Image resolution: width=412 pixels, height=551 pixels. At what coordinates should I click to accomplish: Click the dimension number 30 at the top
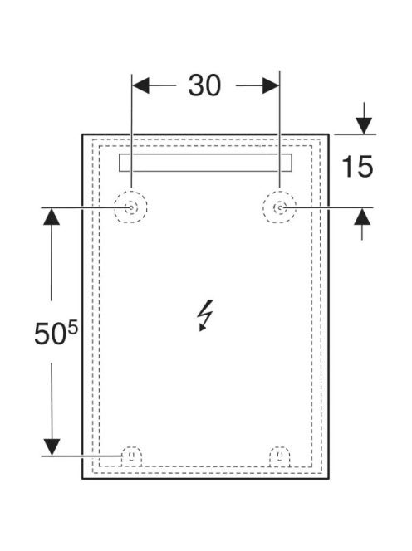point(204,85)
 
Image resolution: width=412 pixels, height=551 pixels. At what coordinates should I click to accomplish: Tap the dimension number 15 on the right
point(357,166)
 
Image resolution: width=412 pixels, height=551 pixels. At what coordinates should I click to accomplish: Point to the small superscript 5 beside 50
point(72,329)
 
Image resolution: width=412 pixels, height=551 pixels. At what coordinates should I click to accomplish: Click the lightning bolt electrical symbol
point(205,315)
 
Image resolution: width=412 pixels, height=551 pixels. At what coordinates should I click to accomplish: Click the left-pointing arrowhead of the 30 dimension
point(140,85)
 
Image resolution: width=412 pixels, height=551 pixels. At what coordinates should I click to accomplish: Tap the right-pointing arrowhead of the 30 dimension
point(271,85)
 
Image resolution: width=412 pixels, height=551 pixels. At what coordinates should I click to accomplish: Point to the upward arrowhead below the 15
point(362,216)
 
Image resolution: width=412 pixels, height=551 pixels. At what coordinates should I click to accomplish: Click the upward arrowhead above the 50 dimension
point(51,216)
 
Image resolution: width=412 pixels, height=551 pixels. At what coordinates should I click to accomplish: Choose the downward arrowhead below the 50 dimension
point(51,448)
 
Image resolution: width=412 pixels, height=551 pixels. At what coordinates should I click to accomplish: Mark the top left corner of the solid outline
point(82,134)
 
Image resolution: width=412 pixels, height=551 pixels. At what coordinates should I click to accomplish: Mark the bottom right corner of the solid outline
point(329,479)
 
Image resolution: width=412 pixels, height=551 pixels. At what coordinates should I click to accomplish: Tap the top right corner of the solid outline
point(329,134)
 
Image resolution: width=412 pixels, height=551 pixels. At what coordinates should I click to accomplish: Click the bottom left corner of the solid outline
point(82,479)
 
